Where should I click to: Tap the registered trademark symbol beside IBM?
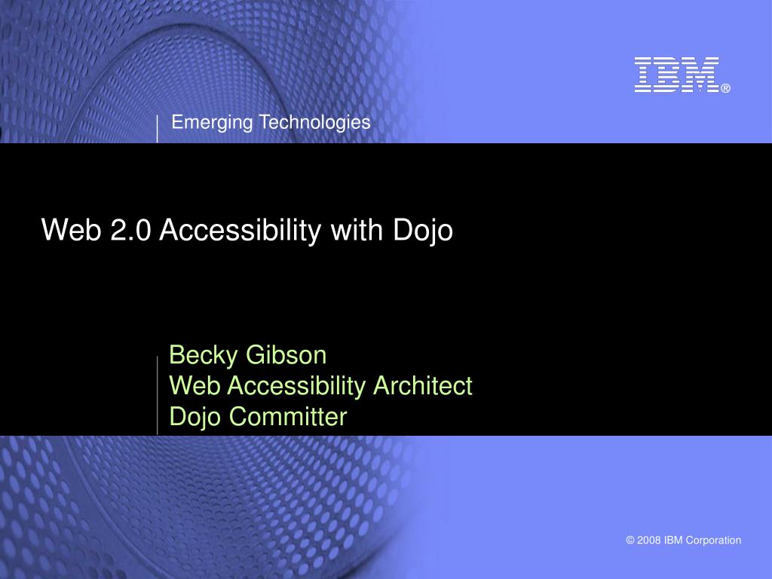pyautogui.click(x=726, y=89)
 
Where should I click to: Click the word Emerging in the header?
pyautogui.click(x=212, y=123)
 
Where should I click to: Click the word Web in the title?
pyautogui.click(x=72, y=229)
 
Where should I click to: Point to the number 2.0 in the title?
pyautogui.click(x=130, y=230)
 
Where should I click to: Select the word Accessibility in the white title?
pyautogui.click(x=240, y=231)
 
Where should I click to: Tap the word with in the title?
pyautogui.click(x=357, y=229)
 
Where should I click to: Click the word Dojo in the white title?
pyautogui.click(x=423, y=231)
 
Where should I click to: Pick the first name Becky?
pyautogui.click(x=204, y=356)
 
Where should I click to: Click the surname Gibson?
pyautogui.click(x=286, y=355)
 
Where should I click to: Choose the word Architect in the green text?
pyautogui.click(x=423, y=385)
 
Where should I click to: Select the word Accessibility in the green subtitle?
pyautogui.click(x=296, y=386)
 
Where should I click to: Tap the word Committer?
pyautogui.click(x=288, y=416)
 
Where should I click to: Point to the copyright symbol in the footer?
pyautogui.click(x=630, y=540)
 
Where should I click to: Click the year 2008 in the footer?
pyautogui.click(x=649, y=540)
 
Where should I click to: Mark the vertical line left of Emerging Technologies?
pyautogui.click(x=157, y=129)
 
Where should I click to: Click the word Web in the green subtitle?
pyautogui.click(x=195, y=385)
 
